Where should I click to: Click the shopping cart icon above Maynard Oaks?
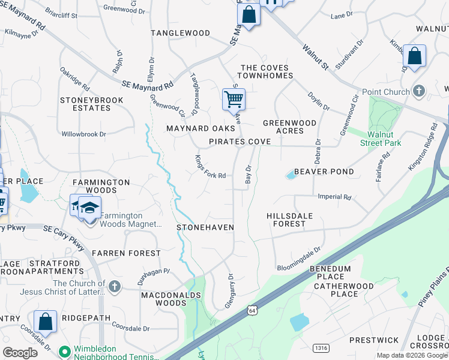point(234,99)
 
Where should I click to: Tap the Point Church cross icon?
point(419,91)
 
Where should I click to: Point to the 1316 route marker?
point(321,347)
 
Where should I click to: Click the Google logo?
point(20,353)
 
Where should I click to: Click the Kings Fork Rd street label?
point(210,167)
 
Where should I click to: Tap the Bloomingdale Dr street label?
point(299,259)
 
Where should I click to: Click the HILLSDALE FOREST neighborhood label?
point(289,219)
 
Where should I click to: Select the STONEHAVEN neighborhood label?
point(205,227)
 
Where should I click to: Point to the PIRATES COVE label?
point(240,142)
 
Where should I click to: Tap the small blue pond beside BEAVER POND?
point(291,175)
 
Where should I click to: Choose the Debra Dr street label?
point(318,152)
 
